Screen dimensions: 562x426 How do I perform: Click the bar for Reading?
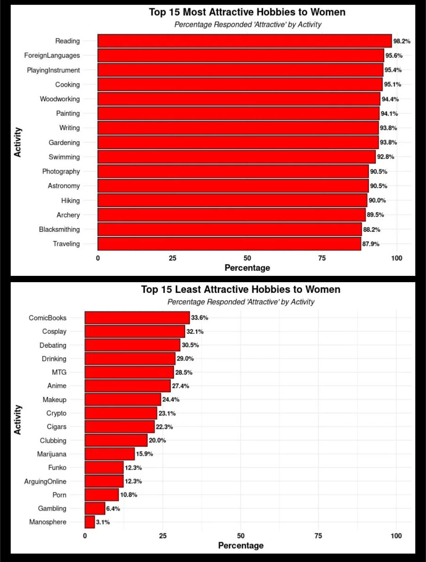click(x=245, y=41)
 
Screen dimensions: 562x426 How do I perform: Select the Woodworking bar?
click(x=239, y=99)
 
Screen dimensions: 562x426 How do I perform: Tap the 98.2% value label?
click(x=402, y=41)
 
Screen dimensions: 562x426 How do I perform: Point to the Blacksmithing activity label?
click(x=59, y=229)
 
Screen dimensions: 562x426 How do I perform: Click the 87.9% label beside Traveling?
click(x=371, y=244)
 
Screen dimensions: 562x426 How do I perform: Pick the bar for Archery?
click(x=232, y=215)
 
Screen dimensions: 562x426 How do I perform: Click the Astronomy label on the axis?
click(x=64, y=186)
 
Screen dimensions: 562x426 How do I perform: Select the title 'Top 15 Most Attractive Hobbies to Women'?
click(x=247, y=12)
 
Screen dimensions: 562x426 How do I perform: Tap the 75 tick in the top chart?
click(x=322, y=258)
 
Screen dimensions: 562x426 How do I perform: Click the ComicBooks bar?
click(x=137, y=318)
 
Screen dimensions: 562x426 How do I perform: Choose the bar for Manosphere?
click(x=90, y=522)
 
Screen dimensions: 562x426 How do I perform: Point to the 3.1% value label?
click(x=103, y=522)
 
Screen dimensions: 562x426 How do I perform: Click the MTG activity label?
click(x=59, y=372)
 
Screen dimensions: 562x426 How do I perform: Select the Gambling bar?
click(x=95, y=508)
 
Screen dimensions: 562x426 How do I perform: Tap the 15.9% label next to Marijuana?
click(x=144, y=454)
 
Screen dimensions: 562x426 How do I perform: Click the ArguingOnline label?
click(x=45, y=481)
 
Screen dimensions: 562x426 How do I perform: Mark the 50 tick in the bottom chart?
click(x=241, y=536)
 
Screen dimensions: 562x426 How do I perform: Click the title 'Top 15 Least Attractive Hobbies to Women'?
click(x=241, y=289)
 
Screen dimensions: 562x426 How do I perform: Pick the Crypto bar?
click(x=121, y=413)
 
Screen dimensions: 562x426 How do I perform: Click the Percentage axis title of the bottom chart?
click(x=241, y=545)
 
